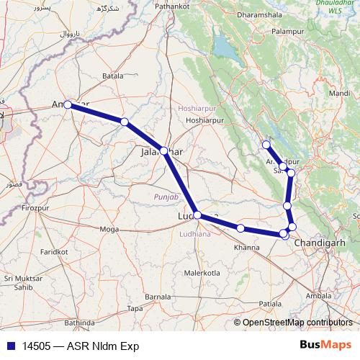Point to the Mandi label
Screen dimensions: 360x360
(x=339, y=94)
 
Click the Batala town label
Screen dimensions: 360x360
(x=114, y=76)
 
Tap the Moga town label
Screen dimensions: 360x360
(x=109, y=229)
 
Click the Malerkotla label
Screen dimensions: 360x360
(x=202, y=274)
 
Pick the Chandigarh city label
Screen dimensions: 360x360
(x=325, y=243)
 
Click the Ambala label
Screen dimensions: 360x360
(x=319, y=295)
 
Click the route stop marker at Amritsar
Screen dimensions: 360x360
(x=67, y=104)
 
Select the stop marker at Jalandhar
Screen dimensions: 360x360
(x=164, y=150)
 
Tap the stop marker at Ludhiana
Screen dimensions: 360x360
(x=197, y=215)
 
